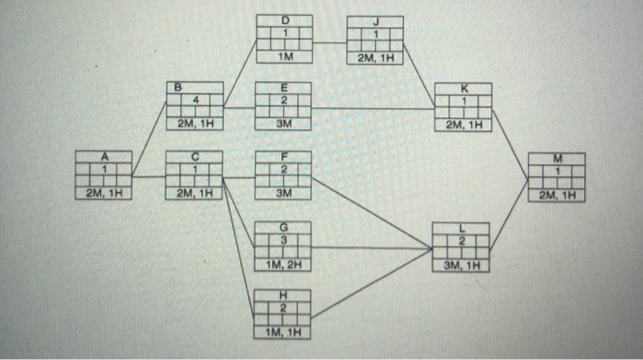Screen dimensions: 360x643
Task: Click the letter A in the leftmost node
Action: click(x=104, y=157)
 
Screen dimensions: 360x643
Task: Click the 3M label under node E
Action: click(x=283, y=123)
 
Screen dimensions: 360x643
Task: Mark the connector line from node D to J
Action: click(x=330, y=42)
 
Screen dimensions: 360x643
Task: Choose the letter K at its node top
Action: click(x=464, y=87)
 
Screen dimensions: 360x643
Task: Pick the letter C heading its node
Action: click(x=194, y=157)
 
